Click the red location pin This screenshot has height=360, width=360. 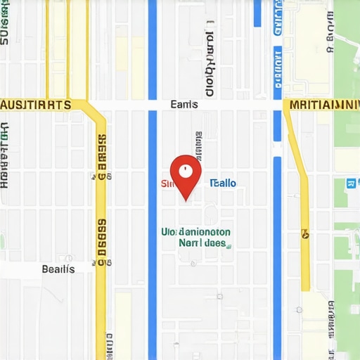point(186,176)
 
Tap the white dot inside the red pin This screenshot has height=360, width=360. point(186,170)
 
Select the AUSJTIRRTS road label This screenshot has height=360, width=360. point(35,105)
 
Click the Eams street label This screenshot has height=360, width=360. point(184,105)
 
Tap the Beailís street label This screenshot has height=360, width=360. point(58,269)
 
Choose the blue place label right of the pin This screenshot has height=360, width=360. point(224,184)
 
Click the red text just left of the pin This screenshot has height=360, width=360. point(167,184)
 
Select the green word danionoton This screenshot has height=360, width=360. point(205,231)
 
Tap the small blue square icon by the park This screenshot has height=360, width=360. point(350,184)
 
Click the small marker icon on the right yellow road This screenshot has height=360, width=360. point(305,233)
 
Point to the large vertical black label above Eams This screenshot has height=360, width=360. point(209,63)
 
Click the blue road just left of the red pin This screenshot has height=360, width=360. point(153,211)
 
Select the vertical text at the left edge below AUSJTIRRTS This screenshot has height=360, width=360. point(5,155)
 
